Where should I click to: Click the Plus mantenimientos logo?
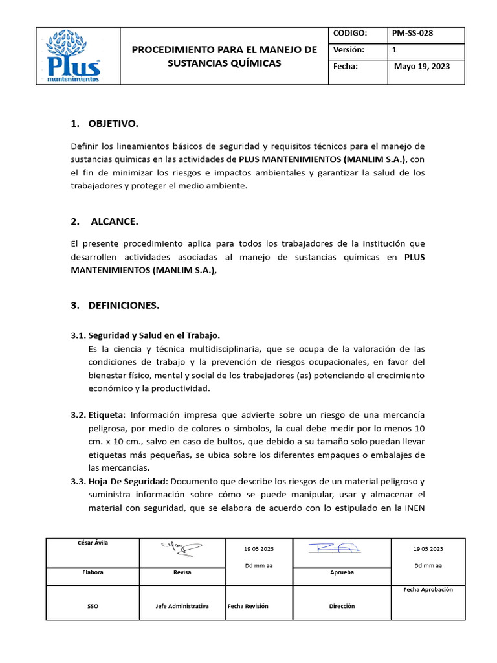click(74, 56)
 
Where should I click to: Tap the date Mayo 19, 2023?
click(422, 66)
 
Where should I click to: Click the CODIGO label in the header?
click(350, 34)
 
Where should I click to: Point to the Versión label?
click(349, 50)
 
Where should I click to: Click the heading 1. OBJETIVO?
click(104, 123)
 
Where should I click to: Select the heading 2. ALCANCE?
click(104, 221)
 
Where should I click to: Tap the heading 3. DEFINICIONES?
click(115, 305)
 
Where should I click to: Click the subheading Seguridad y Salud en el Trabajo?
click(154, 335)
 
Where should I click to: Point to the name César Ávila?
click(93, 543)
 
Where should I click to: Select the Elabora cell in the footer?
click(93, 572)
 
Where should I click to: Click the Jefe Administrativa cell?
click(182, 606)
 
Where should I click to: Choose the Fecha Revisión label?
click(248, 606)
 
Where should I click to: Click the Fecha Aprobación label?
click(428, 590)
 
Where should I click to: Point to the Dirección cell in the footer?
click(342, 606)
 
